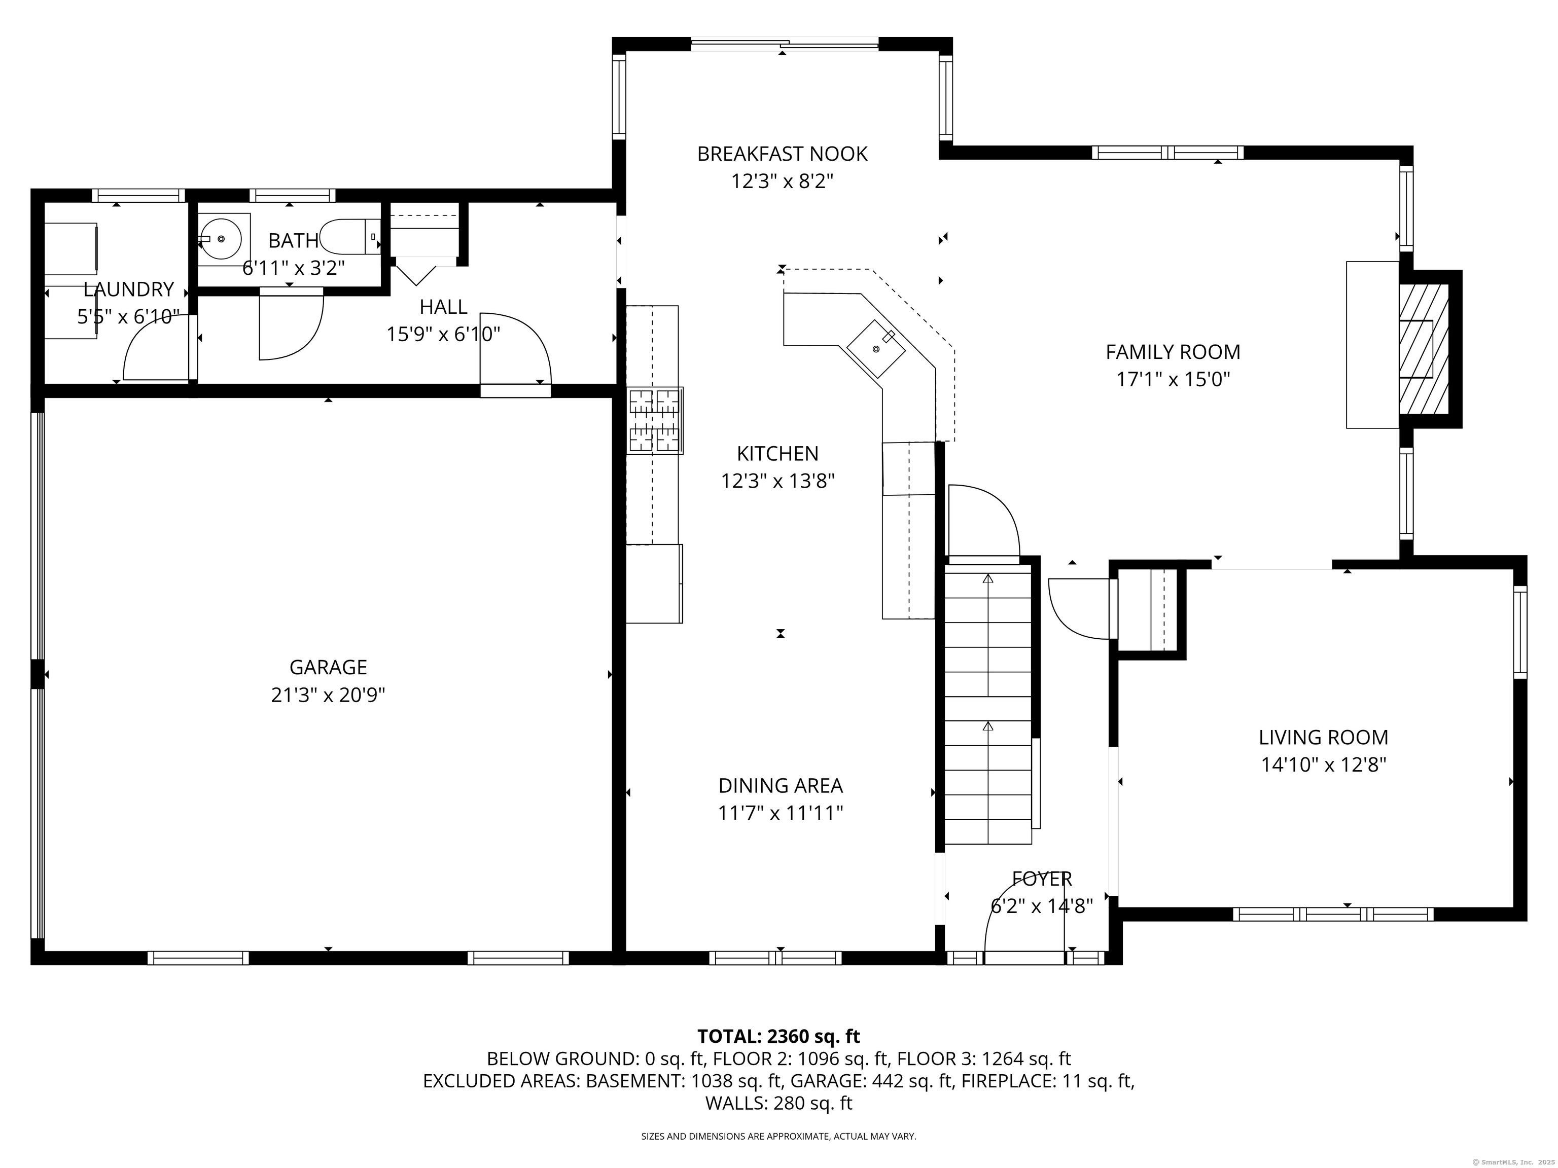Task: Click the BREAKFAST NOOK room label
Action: click(782, 154)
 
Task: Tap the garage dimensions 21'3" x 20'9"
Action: click(328, 696)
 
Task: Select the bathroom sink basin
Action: click(221, 239)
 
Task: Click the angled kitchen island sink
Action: click(875, 348)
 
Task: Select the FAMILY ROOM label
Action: click(1172, 352)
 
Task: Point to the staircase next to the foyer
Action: click(987, 704)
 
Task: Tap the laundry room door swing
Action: click(154, 350)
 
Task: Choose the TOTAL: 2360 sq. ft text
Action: click(778, 1036)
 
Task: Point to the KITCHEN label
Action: click(777, 453)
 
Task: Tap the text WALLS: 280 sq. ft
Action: click(778, 1103)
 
